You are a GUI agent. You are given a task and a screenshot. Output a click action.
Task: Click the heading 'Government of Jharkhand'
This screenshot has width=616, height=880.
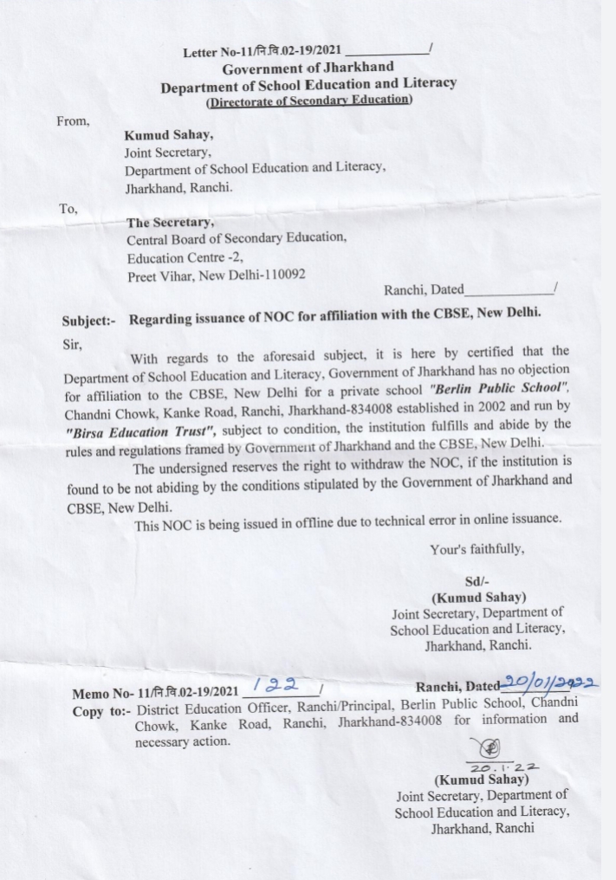308,68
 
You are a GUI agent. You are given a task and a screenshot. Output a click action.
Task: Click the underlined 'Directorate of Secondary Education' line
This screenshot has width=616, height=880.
308,100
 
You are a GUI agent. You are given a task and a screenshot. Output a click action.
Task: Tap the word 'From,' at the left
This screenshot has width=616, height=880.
73,121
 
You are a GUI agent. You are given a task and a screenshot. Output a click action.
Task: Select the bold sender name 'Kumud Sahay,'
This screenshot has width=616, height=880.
169,136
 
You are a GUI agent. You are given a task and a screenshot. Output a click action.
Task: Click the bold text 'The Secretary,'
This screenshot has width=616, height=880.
170,222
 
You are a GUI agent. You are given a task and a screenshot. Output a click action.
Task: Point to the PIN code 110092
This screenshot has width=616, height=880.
282,275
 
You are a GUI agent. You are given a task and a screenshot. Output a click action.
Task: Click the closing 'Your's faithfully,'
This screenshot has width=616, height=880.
477,549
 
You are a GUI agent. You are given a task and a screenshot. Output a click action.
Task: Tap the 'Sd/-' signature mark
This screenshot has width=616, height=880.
477,582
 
